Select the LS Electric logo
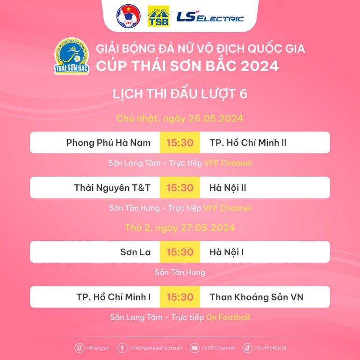210,17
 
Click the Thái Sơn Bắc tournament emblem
72,56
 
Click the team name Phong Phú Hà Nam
108,143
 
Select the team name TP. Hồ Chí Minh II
248,143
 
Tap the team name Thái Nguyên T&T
112,187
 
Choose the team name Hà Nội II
228,187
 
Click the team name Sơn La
136,252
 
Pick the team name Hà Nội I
226,252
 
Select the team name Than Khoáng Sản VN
256,297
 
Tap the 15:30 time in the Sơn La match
180,252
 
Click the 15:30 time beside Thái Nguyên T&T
180,187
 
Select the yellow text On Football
228,317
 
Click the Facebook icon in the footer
122,348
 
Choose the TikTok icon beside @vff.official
247,348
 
